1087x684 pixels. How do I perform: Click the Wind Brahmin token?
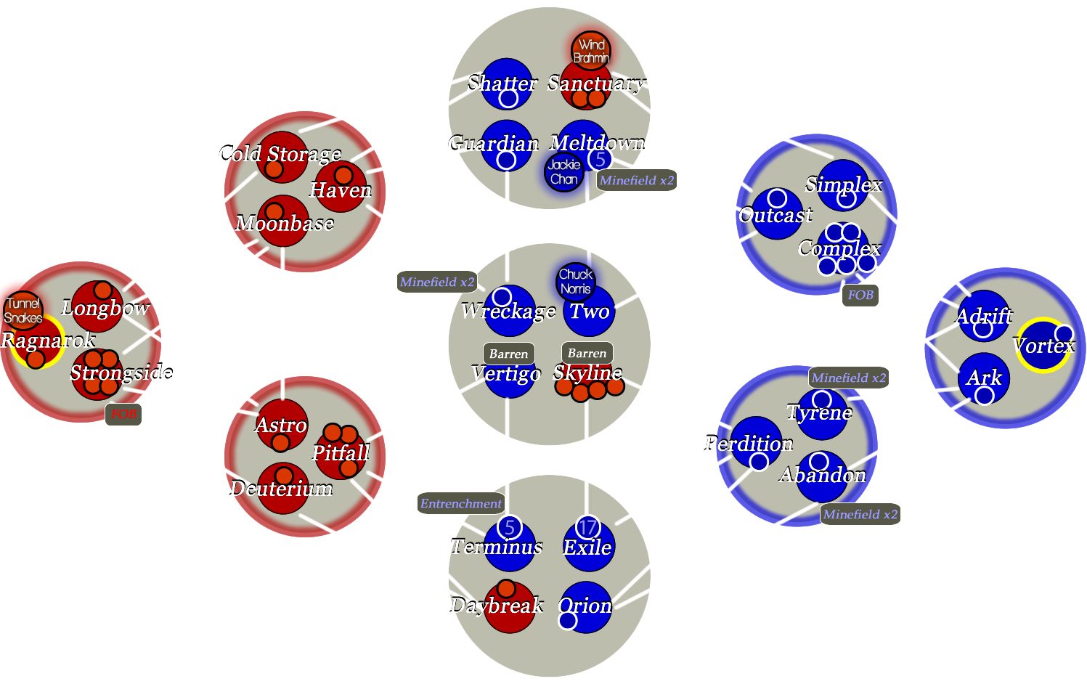click(x=591, y=51)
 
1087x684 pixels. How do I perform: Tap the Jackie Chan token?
click(x=564, y=172)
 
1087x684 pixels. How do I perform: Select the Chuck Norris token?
click(x=576, y=282)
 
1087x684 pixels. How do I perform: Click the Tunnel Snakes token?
click(x=23, y=310)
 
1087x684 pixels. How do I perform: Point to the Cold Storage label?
click(x=280, y=154)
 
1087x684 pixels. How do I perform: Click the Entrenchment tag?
click(x=460, y=503)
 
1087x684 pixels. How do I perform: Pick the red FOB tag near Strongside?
click(x=123, y=414)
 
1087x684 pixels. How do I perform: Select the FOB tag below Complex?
click(x=860, y=295)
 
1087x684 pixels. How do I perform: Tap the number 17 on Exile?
click(x=587, y=527)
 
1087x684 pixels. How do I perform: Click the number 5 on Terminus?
click(x=510, y=527)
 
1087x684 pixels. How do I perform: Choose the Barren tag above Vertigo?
click(x=508, y=354)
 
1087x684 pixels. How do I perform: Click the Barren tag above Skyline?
click(x=587, y=353)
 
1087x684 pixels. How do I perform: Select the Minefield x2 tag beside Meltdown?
click(x=637, y=180)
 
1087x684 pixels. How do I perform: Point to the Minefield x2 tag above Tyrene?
click(x=849, y=378)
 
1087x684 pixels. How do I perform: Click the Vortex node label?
click(x=1043, y=346)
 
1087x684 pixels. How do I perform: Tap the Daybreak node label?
click(x=497, y=605)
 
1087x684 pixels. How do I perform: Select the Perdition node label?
click(x=749, y=443)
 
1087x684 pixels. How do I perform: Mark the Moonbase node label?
click(x=285, y=223)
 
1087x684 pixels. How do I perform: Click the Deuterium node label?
click(x=281, y=489)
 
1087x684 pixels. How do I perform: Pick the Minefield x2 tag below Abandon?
click(x=860, y=514)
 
